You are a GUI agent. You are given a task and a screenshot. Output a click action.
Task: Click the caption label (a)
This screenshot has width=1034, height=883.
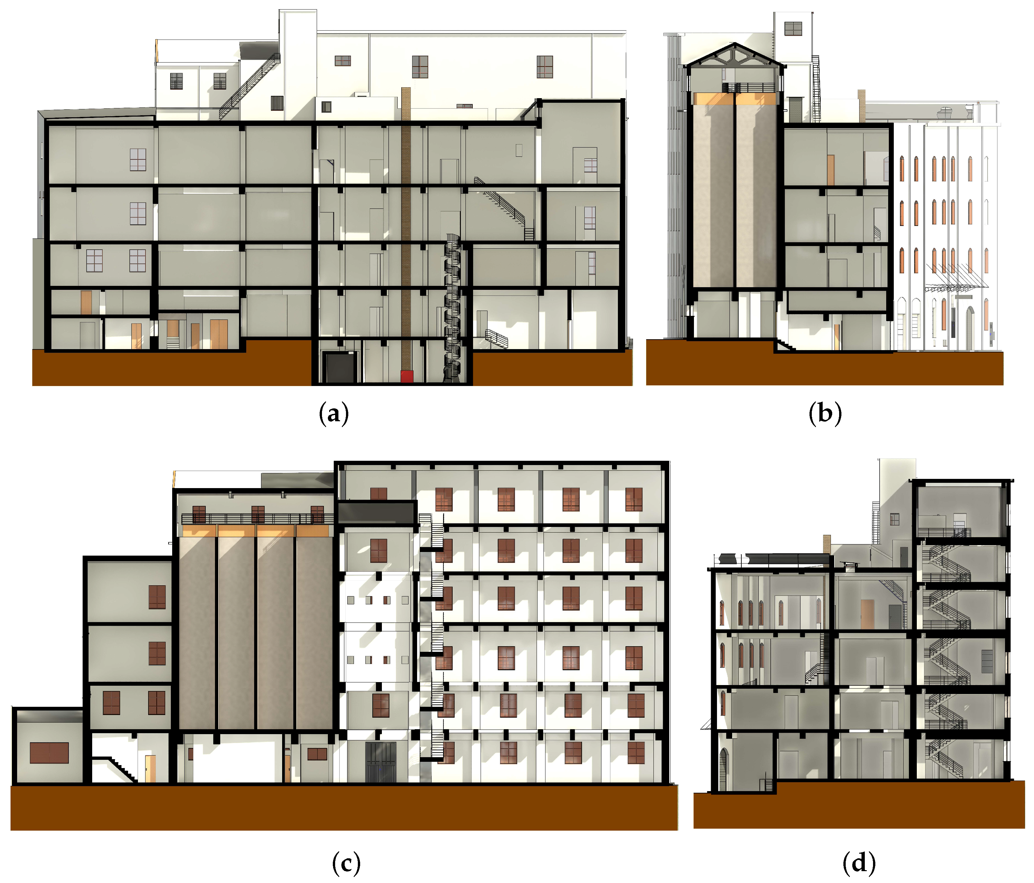click(333, 413)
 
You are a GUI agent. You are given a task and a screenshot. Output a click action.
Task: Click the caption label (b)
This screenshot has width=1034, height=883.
click(824, 413)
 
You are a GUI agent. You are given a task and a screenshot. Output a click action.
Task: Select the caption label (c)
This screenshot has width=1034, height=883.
click(346, 863)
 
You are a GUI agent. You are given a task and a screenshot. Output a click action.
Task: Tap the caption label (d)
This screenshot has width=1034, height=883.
click(858, 863)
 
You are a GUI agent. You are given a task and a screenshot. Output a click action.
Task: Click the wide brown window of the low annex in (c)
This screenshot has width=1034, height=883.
click(49, 753)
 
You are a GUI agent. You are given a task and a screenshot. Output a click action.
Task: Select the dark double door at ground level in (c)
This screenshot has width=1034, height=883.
click(380, 762)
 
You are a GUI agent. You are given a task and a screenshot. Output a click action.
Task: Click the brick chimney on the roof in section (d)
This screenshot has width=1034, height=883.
click(826, 544)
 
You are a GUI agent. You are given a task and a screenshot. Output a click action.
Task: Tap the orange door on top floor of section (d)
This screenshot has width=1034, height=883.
click(867, 614)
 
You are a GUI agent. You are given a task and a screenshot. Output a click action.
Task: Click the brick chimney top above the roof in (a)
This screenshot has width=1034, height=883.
click(406, 102)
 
